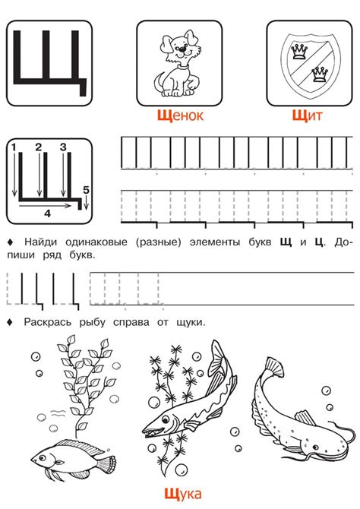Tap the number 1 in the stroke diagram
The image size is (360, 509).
[x=14, y=144]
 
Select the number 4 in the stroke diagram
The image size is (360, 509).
[x=47, y=214]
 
